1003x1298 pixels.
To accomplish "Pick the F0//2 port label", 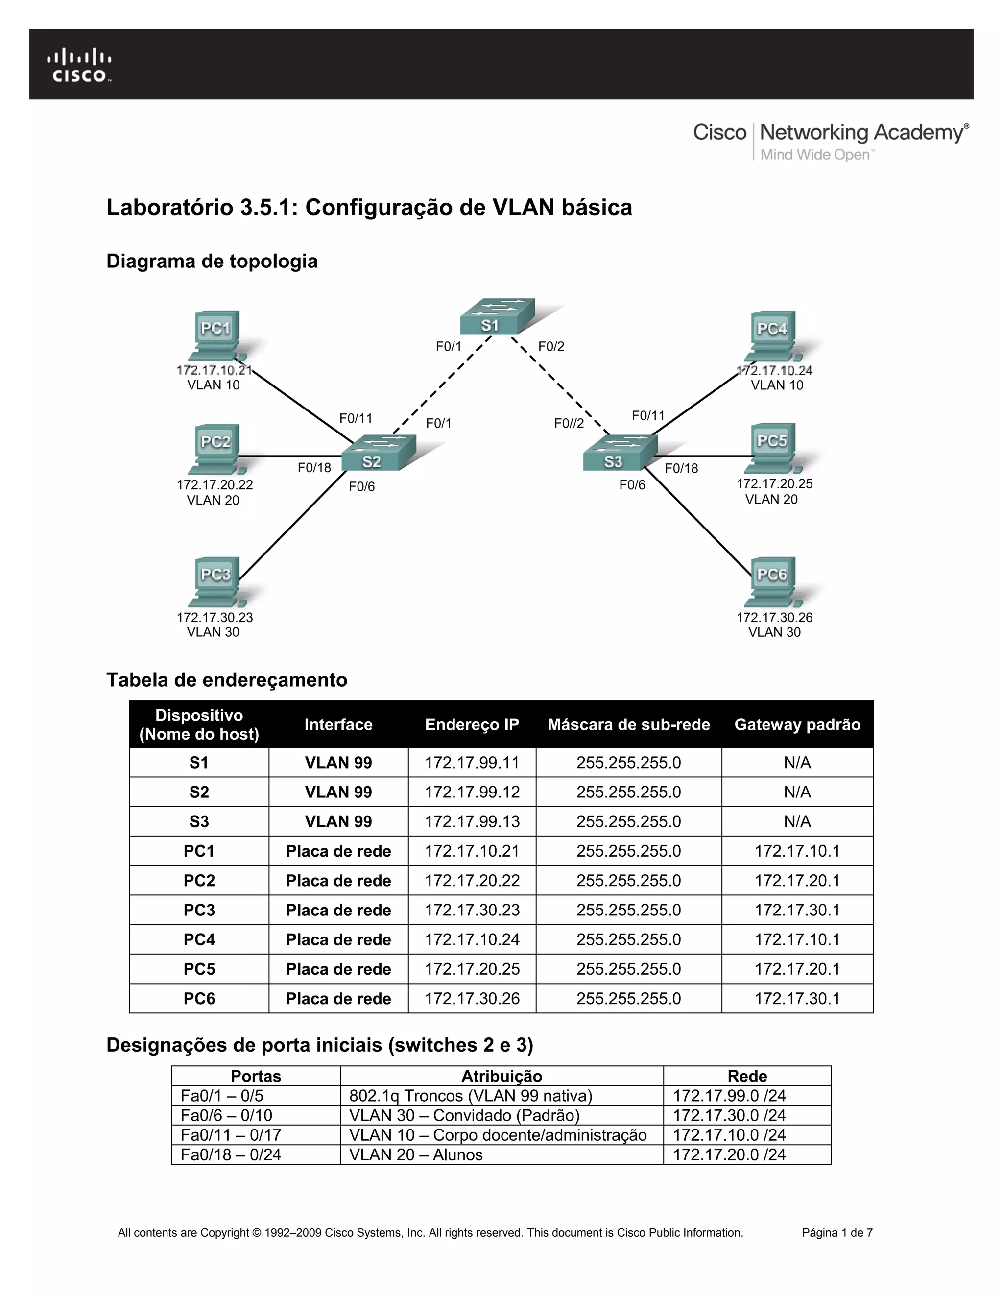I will (x=569, y=423).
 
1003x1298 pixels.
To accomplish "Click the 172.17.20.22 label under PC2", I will (x=215, y=484).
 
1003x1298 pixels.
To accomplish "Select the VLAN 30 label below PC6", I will (x=774, y=632).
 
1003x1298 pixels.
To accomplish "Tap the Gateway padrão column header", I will (x=797, y=724).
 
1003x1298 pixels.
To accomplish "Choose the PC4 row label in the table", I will (x=198, y=939).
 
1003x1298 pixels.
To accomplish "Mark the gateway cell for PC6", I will (x=797, y=998).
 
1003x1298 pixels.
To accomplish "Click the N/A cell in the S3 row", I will (x=797, y=821).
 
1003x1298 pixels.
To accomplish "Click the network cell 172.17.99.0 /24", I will (x=729, y=1095).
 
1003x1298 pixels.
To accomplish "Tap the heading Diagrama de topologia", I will (x=212, y=261).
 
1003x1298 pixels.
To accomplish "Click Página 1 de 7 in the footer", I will (x=836, y=1233).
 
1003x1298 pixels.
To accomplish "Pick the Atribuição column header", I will (x=501, y=1076).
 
